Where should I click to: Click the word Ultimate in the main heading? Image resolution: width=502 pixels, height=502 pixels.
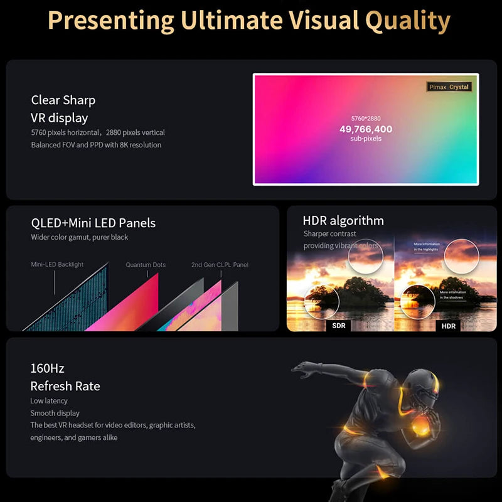pyautogui.click(x=232, y=21)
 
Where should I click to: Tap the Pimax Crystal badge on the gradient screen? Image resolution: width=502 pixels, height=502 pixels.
pyautogui.click(x=449, y=87)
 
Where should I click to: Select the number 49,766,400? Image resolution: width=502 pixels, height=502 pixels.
pyautogui.click(x=366, y=129)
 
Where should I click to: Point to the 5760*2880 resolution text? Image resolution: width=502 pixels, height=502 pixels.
pyautogui.click(x=366, y=118)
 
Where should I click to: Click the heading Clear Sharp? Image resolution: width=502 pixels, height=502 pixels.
pyautogui.click(x=63, y=100)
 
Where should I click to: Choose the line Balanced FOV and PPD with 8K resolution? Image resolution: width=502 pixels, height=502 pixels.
pyautogui.click(x=96, y=145)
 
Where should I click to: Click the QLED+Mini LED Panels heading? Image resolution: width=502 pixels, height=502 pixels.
pyautogui.click(x=93, y=223)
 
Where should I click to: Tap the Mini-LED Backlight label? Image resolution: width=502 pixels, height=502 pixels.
pyautogui.click(x=57, y=265)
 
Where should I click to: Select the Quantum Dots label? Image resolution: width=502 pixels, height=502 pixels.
pyautogui.click(x=146, y=265)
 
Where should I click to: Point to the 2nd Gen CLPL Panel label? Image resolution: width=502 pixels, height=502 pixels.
pyautogui.click(x=220, y=265)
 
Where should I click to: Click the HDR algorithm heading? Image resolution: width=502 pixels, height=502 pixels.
pyautogui.click(x=343, y=220)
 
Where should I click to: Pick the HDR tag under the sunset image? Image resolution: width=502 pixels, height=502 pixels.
pyautogui.click(x=449, y=326)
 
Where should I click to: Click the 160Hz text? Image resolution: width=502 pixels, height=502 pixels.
pyautogui.click(x=47, y=368)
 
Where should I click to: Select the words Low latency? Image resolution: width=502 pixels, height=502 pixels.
pyautogui.click(x=49, y=401)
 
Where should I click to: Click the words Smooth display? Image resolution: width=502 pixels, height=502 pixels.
pyautogui.click(x=55, y=414)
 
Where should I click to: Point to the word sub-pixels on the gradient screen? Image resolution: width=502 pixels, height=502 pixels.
pyautogui.click(x=366, y=139)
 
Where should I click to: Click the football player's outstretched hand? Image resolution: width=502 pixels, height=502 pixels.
pyautogui.click(x=300, y=368)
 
